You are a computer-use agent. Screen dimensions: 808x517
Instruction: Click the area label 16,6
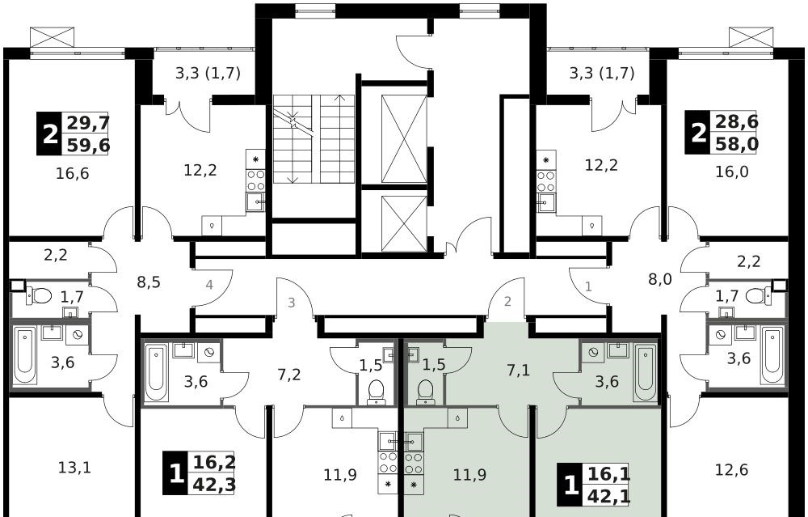[72, 173]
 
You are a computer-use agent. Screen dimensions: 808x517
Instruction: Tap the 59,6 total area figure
[88, 145]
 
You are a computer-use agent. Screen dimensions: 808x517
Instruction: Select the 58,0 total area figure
[737, 144]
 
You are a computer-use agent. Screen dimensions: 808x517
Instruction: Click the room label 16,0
[732, 172]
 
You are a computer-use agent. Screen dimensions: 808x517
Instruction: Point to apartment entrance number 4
[208, 284]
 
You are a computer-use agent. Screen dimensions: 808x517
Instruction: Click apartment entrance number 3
[291, 303]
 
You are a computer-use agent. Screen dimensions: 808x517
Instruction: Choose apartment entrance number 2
[507, 301]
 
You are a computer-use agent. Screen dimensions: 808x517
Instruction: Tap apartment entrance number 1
[588, 286]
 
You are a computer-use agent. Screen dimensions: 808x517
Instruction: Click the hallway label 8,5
[149, 282]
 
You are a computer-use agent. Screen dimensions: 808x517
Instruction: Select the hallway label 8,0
[660, 280]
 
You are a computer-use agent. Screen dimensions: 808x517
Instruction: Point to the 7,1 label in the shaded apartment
[519, 371]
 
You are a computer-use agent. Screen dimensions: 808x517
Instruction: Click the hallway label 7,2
[288, 375]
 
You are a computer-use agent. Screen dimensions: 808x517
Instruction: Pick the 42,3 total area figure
[214, 485]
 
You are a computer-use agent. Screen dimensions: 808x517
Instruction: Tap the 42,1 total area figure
[608, 496]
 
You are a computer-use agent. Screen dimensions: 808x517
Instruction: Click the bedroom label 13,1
[75, 468]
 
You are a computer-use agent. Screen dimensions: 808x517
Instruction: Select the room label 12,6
[732, 469]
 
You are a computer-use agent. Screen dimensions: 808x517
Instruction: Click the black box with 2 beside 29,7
[50, 134]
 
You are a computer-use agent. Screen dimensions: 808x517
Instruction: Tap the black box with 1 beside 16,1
[570, 485]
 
